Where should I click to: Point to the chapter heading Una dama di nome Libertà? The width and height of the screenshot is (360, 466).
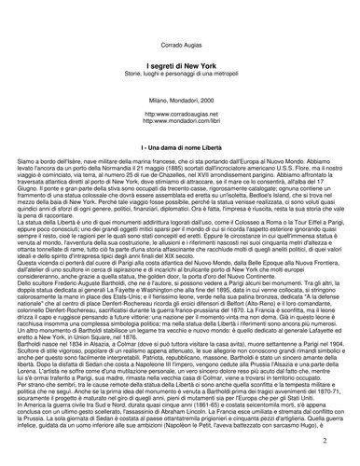(x=181, y=149)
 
